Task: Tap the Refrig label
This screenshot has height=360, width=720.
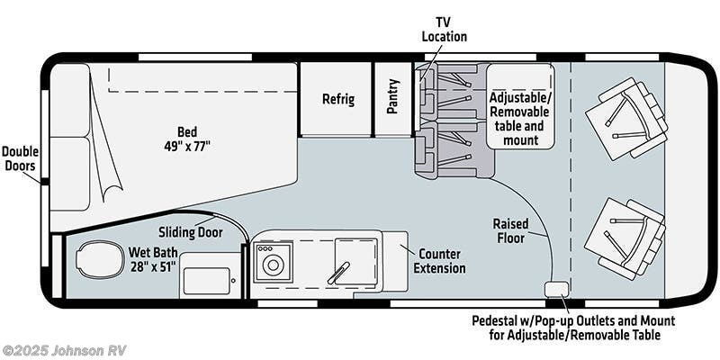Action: click(338, 99)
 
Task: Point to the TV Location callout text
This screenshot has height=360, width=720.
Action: click(445, 30)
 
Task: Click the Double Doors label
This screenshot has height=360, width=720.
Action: click(20, 158)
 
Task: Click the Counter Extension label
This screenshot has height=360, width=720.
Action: click(439, 261)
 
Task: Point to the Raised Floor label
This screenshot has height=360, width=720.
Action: click(509, 230)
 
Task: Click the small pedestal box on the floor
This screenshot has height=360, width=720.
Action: click(555, 288)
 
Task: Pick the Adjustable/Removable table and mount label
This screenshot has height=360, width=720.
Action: click(521, 118)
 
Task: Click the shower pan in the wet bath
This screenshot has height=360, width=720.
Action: click(210, 274)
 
